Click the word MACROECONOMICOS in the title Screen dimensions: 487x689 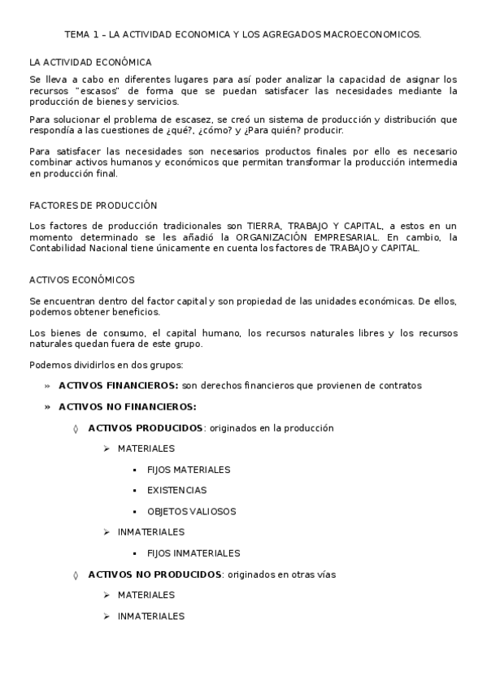pos(375,36)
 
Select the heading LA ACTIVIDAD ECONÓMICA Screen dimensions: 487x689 pos(89,62)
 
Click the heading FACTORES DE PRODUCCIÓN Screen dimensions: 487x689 pos(93,206)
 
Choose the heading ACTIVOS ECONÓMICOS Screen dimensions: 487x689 pos(81,279)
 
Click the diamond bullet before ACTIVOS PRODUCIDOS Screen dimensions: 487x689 pos(76,427)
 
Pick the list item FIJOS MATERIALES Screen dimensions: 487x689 pos(189,470)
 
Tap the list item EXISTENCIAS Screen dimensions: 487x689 pos(176,490)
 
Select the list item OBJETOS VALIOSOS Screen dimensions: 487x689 pos(191,511)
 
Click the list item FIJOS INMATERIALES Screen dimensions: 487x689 pos(193,553)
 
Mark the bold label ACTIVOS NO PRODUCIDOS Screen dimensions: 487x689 pos(154,574)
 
